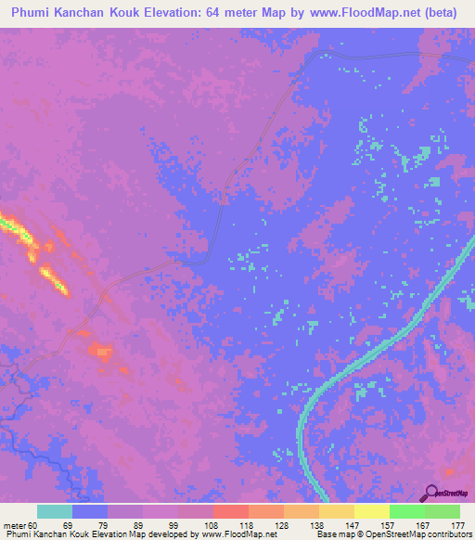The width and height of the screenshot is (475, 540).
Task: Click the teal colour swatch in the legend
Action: tap(55, 511)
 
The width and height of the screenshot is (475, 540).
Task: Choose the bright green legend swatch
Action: tap(407, 511)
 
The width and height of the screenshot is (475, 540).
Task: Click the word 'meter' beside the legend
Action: tap(14, 525)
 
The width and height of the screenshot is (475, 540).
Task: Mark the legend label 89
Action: tap(133, 525)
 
